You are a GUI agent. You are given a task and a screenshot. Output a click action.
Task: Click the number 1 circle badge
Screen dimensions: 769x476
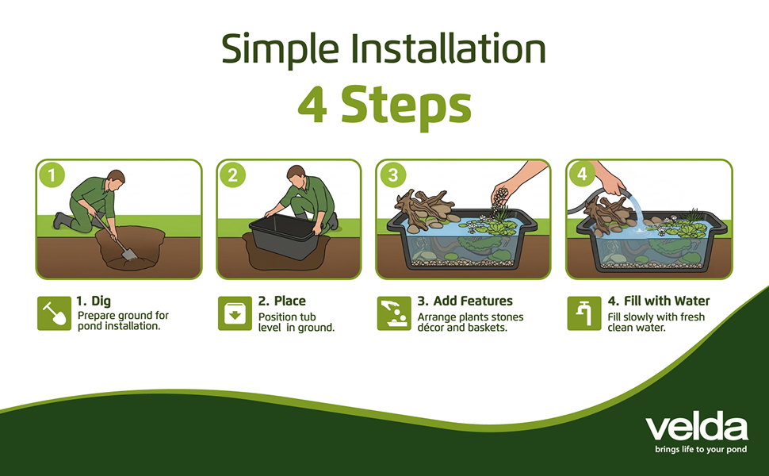click(x=52, y=175)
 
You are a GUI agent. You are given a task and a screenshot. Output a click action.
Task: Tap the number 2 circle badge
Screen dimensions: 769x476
click(x=232, y=175)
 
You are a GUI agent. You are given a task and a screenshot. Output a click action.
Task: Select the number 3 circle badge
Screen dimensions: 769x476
click(x=393, y=175)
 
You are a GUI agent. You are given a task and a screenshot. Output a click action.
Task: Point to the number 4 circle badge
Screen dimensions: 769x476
click(x=581, y=174)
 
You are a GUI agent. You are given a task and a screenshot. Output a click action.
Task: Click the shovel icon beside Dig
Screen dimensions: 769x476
click(x=54, y=313)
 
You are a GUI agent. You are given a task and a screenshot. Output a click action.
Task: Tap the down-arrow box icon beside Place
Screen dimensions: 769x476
click(x=235, y=313)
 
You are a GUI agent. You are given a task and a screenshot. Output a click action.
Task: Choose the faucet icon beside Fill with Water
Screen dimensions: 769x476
click(x=584, y=313)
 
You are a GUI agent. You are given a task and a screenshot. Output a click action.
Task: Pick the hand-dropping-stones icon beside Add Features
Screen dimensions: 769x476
click(x=394, y=313)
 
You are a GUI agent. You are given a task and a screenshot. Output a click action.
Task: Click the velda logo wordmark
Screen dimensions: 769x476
click(x=696, y=428)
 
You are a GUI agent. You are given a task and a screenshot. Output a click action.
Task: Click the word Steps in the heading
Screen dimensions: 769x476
click(x=406, y=106)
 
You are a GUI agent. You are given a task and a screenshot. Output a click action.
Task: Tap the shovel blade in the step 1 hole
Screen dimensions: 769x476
click(x=129, y=253)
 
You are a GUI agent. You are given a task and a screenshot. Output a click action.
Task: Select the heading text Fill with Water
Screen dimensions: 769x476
click(x=667, y=301)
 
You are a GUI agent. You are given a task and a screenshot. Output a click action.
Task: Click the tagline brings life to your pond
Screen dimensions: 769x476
click(x=701, y=450)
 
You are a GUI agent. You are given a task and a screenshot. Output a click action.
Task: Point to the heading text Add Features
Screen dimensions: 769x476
click(x=472, y=301)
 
